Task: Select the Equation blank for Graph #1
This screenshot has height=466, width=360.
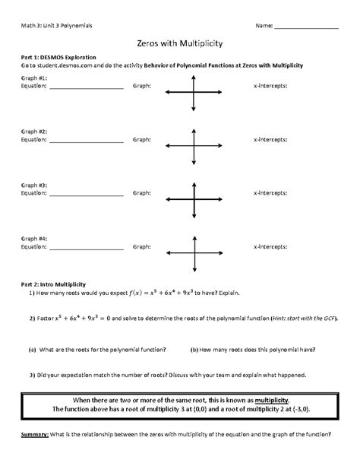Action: point(85,87)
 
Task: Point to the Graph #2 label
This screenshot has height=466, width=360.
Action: point(34,132)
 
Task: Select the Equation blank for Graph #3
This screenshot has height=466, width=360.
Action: point(85,194)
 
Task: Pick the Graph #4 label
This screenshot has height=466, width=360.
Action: point(34,238)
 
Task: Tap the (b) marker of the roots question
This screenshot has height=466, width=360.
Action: point(194,349)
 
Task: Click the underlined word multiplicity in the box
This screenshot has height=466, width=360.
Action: point(276,399)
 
